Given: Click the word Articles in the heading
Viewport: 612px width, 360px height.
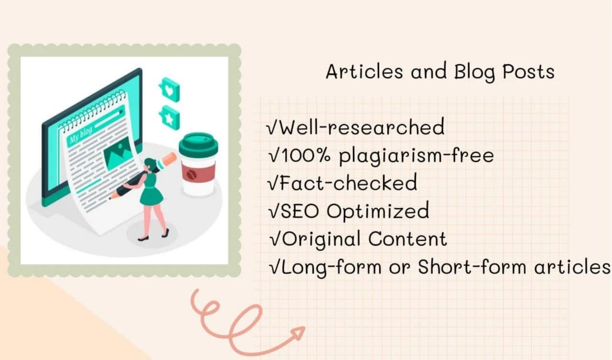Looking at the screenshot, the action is tap(364, 72).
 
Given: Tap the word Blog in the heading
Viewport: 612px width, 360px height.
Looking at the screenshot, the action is tap(475, 72).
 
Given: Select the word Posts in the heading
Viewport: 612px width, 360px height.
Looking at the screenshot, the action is tap(529, 72).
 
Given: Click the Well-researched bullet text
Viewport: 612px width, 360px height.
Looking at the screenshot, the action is tap(362, 127).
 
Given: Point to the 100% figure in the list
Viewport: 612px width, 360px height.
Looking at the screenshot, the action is tap(306, 156).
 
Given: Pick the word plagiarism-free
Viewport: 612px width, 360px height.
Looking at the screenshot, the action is tap(416, 156).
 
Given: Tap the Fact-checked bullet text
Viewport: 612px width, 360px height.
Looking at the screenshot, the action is tap(348, 183).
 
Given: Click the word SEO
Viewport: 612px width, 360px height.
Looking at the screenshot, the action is tap(300, 211).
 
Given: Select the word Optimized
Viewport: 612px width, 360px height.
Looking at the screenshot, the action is tap(378, 211).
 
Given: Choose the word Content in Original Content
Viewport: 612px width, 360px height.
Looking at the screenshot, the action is tap(408, 239).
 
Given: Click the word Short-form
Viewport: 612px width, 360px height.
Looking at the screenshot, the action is tap(472, 267).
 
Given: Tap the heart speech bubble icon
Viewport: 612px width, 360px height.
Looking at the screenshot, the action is tap(170, 89).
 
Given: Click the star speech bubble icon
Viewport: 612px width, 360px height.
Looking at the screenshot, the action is tap(170, 118).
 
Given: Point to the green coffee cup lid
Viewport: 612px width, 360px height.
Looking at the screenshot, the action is tap(198, 144).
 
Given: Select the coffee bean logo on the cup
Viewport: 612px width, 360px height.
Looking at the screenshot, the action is tap(191, 175).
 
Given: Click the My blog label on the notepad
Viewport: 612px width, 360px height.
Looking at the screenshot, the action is tap(81, 135).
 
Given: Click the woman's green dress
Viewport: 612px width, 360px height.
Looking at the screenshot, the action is tap(151, 189).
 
